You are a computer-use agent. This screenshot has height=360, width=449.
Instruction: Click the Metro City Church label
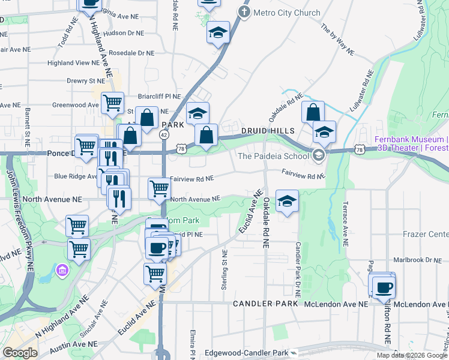click(287, 12)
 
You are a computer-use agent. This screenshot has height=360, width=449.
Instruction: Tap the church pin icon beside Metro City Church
click(244, 12)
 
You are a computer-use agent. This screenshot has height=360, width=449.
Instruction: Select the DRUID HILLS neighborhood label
click(268, 131)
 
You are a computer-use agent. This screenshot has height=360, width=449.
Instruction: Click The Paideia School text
click(273, 157)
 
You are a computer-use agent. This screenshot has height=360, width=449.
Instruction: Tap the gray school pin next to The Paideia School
click(318, 156)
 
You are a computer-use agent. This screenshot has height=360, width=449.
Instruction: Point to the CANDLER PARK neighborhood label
click(266, 304)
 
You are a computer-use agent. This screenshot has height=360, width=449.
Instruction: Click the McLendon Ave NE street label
click(336, 304)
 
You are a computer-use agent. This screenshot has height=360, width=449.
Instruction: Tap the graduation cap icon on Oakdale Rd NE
click(288, 201)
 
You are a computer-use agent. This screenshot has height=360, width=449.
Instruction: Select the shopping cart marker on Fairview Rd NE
click(159, 188)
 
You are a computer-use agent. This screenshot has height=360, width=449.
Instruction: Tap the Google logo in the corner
click(20, 353)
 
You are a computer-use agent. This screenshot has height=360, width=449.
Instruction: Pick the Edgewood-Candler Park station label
click(246, 353)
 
